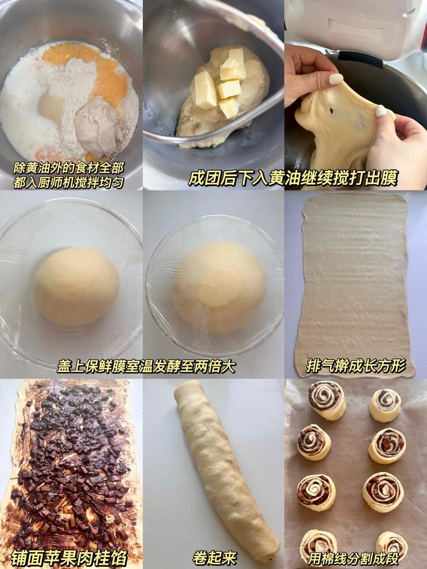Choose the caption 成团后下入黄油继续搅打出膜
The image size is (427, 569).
[293, 178]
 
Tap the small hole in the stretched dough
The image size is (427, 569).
[332, 111]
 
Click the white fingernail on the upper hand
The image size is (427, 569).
[336, 79]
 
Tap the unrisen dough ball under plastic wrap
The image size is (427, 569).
[76, 286]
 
